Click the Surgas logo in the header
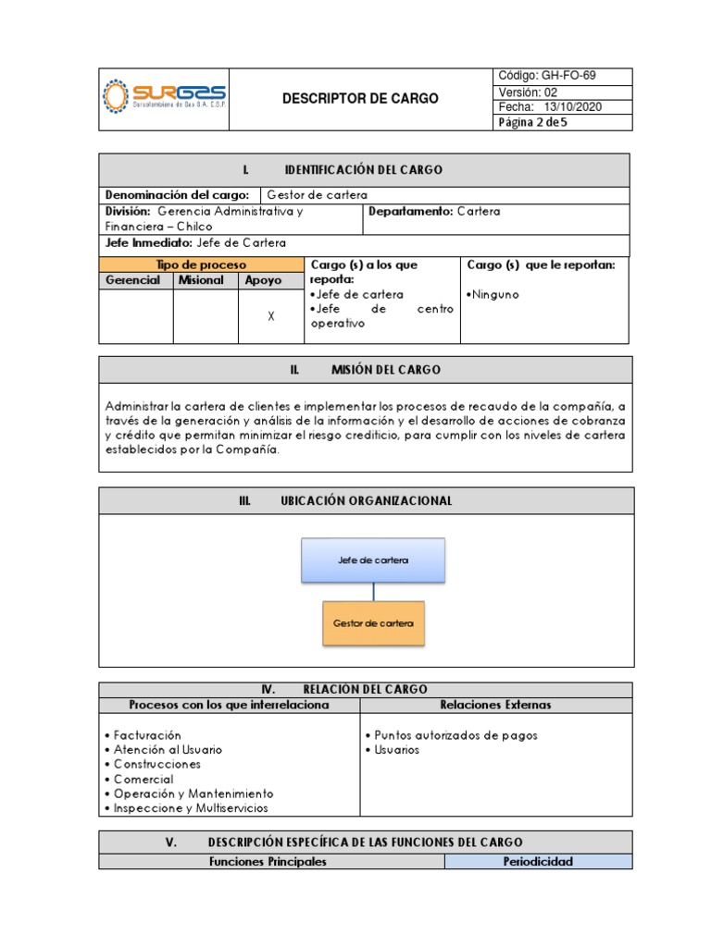click(x=164, y=97)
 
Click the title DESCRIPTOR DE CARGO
click(x=360, y=98)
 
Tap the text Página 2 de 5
click(x=532, y=121)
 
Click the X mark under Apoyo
click(x=271, y=316)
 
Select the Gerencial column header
click(x=133, y=280)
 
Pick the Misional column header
click(x=201, y=280)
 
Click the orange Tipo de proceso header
click(x=200, y=264)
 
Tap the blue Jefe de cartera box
click(x=373, y=560)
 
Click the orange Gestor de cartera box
click(x=373, y=623)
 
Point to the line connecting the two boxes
click(x=374, y=592)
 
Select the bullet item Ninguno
click(x=496, y=294)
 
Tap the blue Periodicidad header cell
click(x=538, y=861)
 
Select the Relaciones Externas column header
click(x=495, y=705)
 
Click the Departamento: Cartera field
click(x=434, y=211)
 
